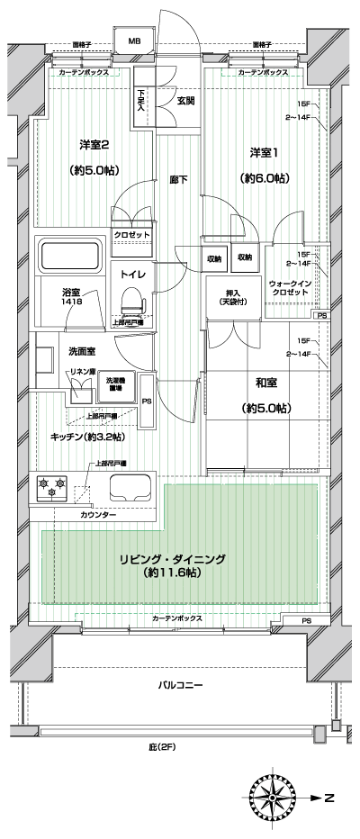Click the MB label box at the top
pos(133,41)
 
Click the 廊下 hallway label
pos(178,180)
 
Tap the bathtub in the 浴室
pos(70,257)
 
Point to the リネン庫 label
pos(82,372)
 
